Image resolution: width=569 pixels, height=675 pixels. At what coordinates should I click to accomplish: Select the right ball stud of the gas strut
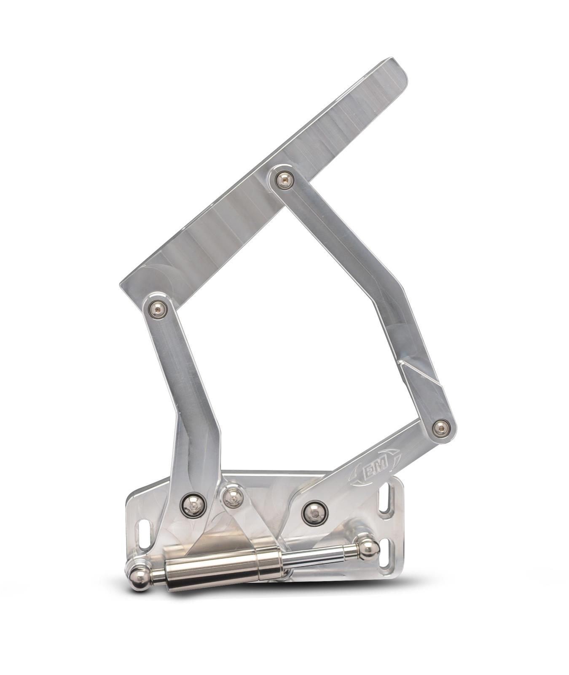coord(368,547)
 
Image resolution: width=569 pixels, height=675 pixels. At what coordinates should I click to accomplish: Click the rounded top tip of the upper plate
coord(392,67)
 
